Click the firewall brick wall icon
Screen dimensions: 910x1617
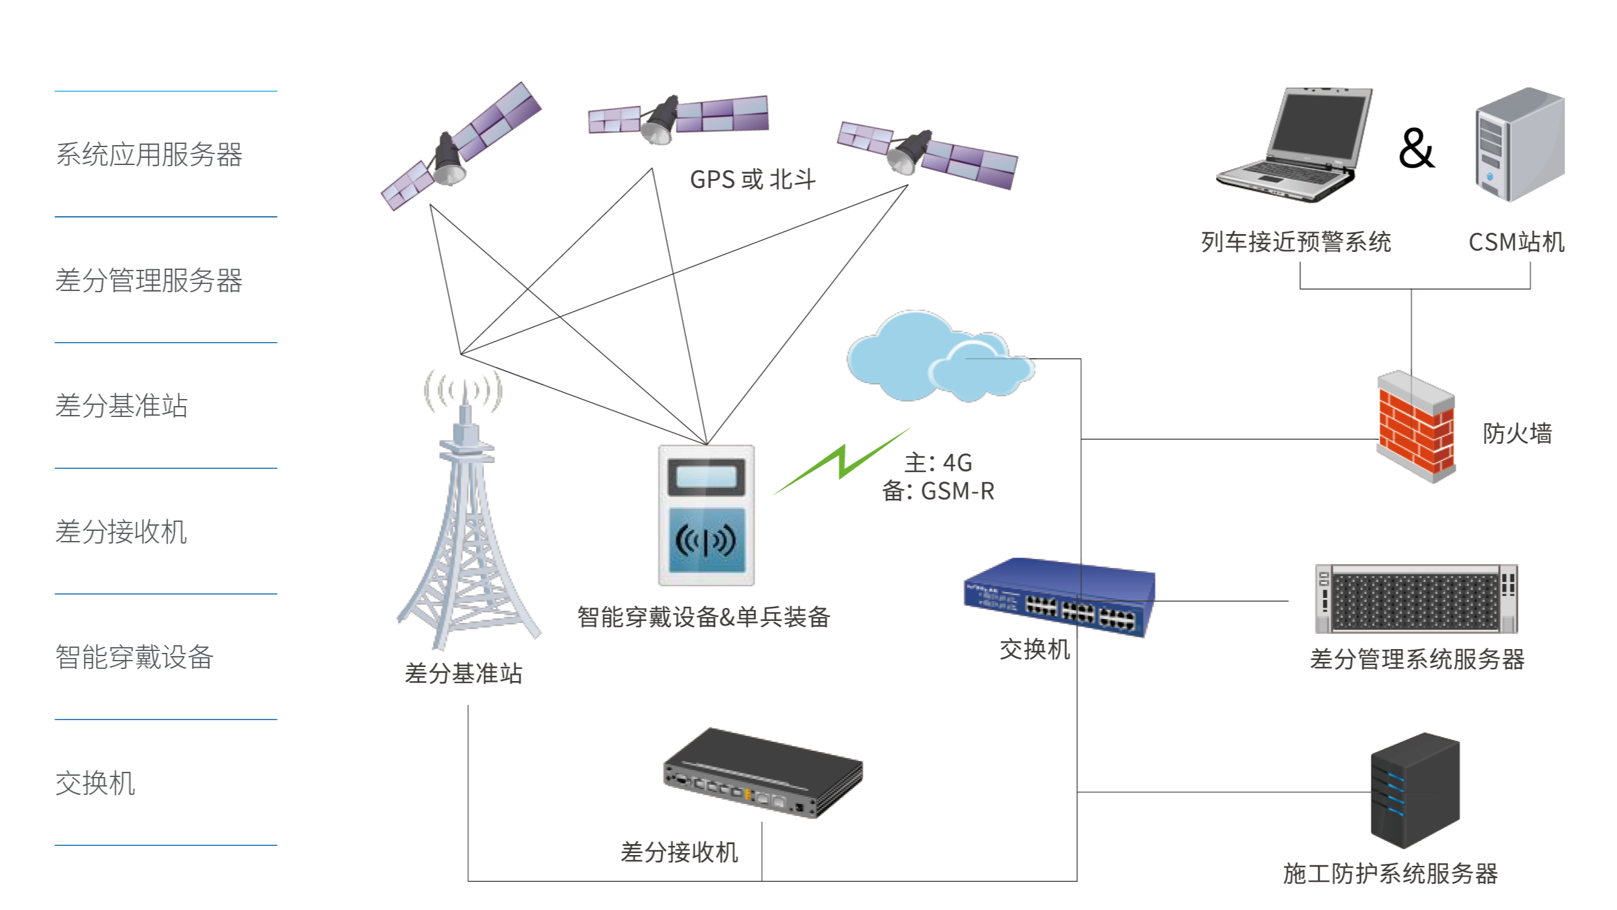click(x=1416, y=427)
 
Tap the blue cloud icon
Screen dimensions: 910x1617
click(x=940, y=356)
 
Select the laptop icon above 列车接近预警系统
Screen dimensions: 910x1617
click(x=1294, y=146)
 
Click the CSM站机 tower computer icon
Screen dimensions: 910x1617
click(x=1519, y=145)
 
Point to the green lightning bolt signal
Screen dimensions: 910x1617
click(x=842, y=462)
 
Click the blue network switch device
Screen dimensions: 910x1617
click(x=1059, y=598)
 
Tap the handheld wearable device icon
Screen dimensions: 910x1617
click(x=707, y=514)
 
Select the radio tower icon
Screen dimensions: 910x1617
click(x=469, y=510)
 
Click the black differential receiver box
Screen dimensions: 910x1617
click(x=762, y=773)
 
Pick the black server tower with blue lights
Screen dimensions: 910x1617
click(x=1415, y=790)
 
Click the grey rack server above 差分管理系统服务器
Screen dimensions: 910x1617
click(x=1415, y=598)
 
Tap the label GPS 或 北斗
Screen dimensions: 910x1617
click(x=753, y=180)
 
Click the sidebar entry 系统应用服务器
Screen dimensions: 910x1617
click(x=149, y=155)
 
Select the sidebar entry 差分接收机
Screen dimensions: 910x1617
click(x=121, y=532)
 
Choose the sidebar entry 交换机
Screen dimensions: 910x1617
click(x=95, y=783)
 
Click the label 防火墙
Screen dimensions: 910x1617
click(x=1517, y=434)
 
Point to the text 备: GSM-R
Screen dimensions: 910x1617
click(x=938, y=491)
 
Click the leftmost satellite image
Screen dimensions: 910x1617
click(x=461, y=146)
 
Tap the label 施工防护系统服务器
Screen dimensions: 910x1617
click(x=1390, y=874)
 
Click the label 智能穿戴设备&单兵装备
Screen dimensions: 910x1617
click(x=704, y=617)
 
